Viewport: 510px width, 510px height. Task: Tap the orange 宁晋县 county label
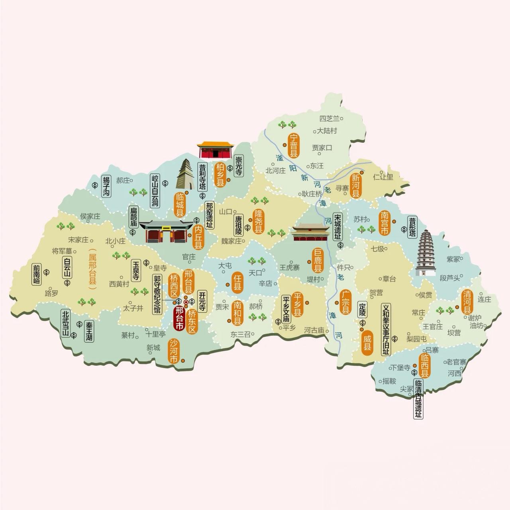coord(294,146)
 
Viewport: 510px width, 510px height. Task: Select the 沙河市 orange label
coord(174,351)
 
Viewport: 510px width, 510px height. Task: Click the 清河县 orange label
coord(467,302)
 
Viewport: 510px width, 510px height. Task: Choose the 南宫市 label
coord(384,223)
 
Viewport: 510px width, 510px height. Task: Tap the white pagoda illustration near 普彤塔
coord(425,253)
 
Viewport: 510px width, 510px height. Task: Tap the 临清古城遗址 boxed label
coord(418,398)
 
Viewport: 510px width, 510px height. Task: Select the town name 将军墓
coord(62,251)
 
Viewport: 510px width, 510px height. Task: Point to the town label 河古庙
coord(314,330)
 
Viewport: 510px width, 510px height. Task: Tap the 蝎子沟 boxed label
coord(106,186)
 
